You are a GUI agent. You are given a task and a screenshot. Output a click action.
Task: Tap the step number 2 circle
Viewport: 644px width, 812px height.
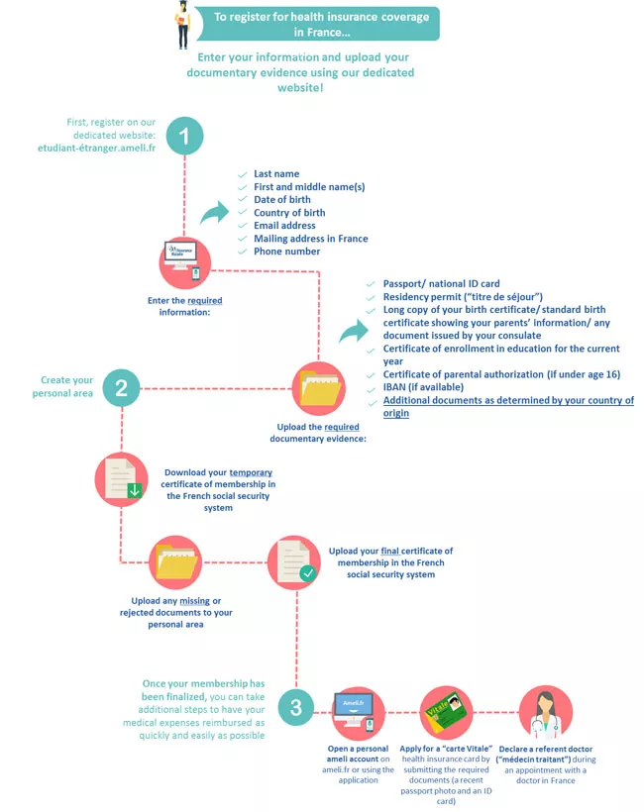coord(122,386)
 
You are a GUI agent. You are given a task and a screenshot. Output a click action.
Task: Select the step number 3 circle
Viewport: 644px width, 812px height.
coord(296,707)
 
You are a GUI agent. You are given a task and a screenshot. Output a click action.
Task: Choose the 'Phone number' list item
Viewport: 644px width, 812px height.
coord(286,251)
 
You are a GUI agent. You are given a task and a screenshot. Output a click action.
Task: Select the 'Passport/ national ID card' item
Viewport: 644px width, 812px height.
coord(441,284)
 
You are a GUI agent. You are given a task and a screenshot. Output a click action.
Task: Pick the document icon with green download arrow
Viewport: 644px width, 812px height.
coord(122,480)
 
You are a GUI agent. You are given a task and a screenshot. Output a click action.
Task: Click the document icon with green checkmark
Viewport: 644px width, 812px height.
coord(296,560)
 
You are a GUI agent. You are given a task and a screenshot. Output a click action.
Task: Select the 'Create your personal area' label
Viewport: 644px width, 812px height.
coord(67,386)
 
